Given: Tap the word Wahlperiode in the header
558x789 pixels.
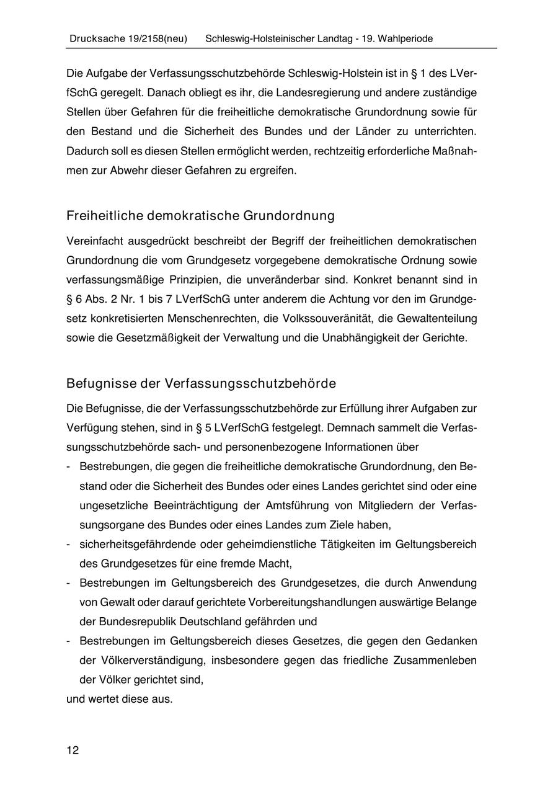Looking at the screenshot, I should (406, 38).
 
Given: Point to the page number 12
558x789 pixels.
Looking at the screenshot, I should (73, 751).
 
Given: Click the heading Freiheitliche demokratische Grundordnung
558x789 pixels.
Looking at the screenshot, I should (200, 216).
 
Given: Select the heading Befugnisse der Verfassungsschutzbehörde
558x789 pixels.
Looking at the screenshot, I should (201, 383).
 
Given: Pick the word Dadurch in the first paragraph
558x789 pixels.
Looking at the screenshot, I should (86, 151).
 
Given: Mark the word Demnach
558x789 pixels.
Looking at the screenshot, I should (349, 427).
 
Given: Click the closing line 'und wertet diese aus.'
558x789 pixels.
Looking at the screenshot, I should (120, 698).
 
